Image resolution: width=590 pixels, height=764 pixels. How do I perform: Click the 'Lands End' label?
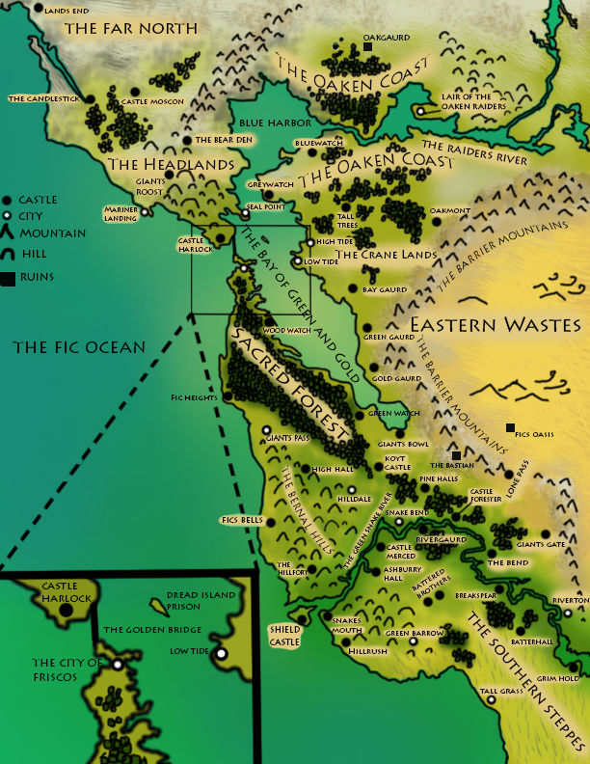tap(66, 10)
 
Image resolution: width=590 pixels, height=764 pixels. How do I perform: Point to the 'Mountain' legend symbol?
tap(8, 232)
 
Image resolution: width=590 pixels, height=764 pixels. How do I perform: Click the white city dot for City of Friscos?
tap(118, 664)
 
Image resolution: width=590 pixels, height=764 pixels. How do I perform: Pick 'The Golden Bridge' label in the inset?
tap(152, 630)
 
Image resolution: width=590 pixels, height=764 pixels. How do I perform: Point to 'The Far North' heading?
tap(130, 29)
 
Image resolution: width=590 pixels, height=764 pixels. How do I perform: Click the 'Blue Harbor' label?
tap(276, 123)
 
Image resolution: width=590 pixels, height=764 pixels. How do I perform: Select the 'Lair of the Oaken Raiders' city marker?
tap(420, 111)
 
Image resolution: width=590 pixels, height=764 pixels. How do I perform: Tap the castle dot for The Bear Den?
tap(187, 140)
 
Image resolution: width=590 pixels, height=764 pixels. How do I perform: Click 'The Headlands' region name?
tap(172, 165)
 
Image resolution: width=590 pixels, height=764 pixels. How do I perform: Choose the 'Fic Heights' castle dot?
tap(227, 396)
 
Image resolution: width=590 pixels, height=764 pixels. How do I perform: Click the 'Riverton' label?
tap(569, 600)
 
